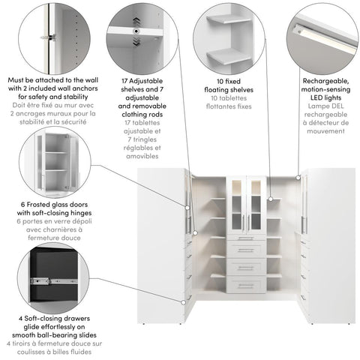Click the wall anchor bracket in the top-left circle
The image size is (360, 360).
[49, 35]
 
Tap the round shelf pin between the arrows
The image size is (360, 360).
[136, 31]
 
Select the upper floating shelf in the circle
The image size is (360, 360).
[226, 20]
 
